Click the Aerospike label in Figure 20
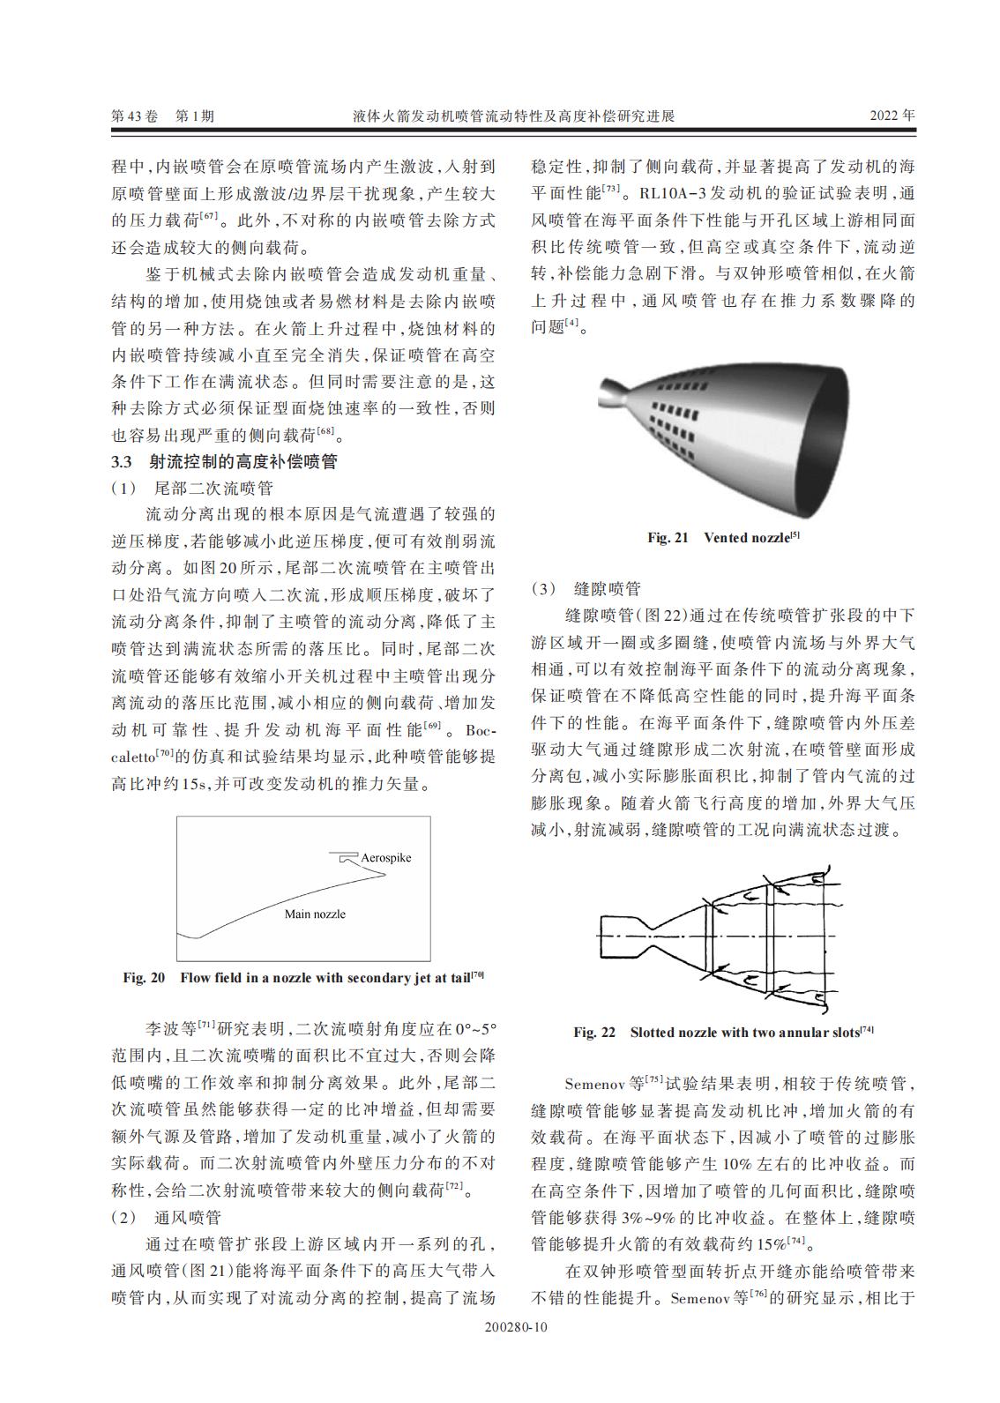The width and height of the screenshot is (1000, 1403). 385,857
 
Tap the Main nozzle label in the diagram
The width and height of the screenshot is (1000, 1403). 315,914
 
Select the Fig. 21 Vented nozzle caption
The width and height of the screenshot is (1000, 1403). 723,537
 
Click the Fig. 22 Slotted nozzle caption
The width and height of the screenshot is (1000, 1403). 723,1032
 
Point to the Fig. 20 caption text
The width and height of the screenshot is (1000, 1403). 303,977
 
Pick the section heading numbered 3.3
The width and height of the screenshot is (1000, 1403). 224,461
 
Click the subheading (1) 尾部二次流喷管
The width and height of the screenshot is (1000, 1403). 192,488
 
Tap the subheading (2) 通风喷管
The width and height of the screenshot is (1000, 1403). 167,1218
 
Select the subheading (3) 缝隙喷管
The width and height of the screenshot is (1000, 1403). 586,589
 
